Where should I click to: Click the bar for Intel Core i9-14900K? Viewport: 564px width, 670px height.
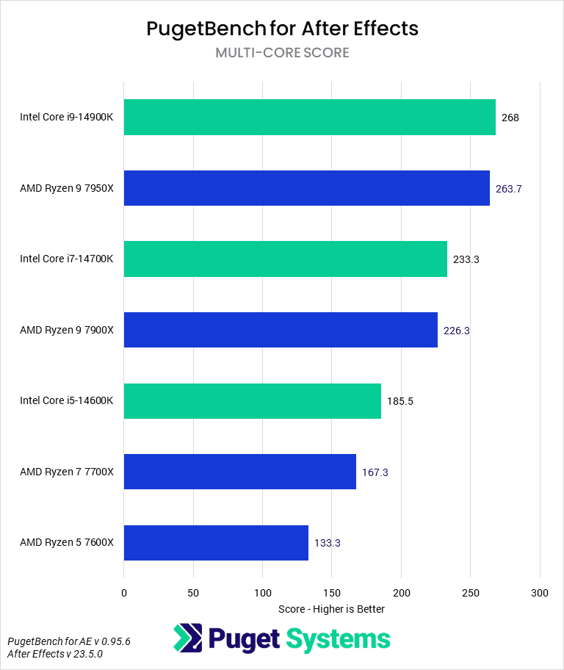(x=309, y=118)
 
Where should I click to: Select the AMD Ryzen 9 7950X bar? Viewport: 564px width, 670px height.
(x=306, y=188)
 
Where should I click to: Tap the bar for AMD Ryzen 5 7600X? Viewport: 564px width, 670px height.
(x=216, y=543)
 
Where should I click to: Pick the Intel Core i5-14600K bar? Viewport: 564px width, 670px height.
(x=252, y=401)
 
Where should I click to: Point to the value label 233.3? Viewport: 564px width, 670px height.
(x=466, y=259)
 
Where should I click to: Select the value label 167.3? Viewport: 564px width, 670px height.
(x=375, y=472)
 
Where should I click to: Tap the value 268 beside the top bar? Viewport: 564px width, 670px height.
(x=510, y=118)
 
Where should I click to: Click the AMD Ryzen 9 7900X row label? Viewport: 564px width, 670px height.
(x=67, y=331)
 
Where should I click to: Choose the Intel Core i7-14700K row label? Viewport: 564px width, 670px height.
(x=67, y=259)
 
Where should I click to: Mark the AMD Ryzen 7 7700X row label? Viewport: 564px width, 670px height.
(x=67, y=472)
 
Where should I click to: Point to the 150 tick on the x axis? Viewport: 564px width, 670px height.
(x=332, y=592)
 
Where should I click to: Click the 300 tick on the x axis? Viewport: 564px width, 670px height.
(x=540, y=592)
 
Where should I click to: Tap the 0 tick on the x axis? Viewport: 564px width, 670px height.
(x=124, y=592)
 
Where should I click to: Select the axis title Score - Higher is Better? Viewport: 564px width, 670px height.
(x=332, y=609)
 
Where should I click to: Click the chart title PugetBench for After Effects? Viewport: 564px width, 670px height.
(x=282, y=29)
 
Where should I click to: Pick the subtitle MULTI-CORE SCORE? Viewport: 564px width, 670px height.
(x=282, y=53)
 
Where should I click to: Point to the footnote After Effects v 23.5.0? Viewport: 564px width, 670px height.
(x=55, y=653)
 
